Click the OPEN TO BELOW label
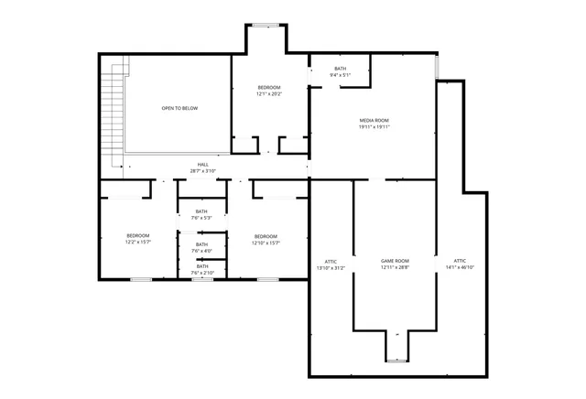coord(179,108)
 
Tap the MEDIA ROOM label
coord(374,121)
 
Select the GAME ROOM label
coord(395,261)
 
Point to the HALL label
coord(202,165)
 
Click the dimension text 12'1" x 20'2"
coord(269,93)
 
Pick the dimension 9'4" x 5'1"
coord(341,75)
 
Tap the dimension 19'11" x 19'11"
coord(374,127)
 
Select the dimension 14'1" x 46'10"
coord(460,267)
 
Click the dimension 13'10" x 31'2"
coord(331,267)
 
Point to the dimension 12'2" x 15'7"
coord(137,243)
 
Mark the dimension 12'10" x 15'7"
coord(266,243)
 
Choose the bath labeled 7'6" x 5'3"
coord(201,216)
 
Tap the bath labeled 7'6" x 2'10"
coord(201,271)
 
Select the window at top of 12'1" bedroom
coord(266,25)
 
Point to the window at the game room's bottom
coord(396,361)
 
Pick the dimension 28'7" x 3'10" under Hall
coord(202,171)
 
